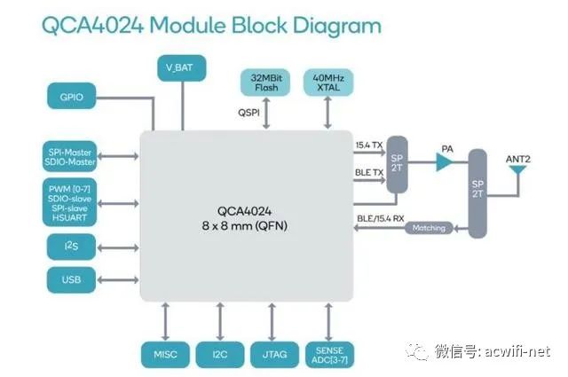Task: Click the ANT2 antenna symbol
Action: (x=517, y=174)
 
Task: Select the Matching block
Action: (x=429, y=228)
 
